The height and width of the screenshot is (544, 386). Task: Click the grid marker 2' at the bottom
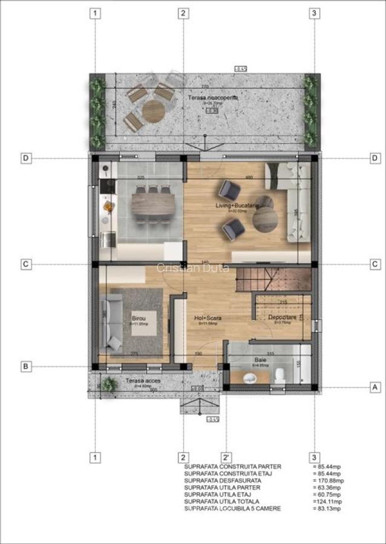click(226, 458)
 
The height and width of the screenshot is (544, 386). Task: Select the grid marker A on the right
click(375, 386)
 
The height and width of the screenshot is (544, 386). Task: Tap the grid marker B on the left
click(26, 366)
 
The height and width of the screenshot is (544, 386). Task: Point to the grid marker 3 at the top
click(313, 13)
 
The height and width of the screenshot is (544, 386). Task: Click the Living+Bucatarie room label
click(237, 206)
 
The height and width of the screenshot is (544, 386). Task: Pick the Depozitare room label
click(283, 317)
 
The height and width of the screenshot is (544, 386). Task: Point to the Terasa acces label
click(142, 381)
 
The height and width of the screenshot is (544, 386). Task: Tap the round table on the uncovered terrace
click(153, 111)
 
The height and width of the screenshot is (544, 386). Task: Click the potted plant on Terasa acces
click(109, 384)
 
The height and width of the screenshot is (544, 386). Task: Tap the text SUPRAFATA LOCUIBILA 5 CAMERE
click(232, 508)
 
